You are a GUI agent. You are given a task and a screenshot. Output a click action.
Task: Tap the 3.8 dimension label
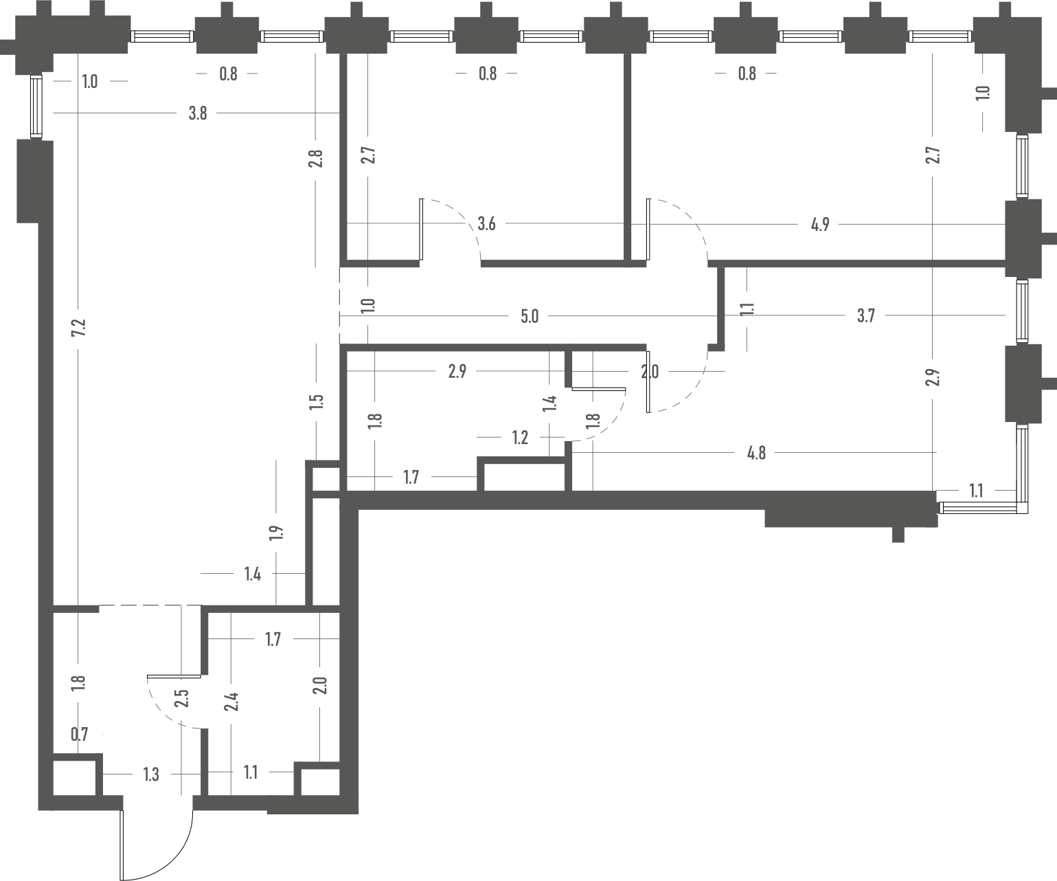click(198, 113)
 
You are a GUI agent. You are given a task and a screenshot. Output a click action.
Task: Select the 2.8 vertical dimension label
click(315, 159)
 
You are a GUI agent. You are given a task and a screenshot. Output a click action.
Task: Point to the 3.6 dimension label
click(486, 223)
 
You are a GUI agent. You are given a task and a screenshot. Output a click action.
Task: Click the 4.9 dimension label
click(820, 224)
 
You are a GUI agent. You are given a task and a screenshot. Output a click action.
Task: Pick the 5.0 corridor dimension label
click(530, 317)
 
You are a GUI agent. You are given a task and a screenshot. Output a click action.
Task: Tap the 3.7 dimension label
click(866, 316)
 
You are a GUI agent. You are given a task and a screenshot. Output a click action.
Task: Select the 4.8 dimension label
click(756, 453)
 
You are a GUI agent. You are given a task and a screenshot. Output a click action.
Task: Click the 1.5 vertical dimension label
click(316, 402)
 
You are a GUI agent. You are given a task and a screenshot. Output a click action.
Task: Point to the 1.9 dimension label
click(276, 533)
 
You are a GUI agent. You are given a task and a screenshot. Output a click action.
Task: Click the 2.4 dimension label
click(231, 702)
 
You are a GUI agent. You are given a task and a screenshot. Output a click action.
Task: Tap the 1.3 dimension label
click(151, 774)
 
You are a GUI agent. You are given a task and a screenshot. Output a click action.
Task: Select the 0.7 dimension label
click(80, 734)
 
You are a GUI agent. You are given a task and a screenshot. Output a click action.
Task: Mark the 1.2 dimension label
click(520, 437)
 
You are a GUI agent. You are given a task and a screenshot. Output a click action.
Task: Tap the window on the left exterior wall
click(36, 106)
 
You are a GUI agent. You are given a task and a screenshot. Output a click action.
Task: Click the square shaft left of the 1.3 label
click(75, 778)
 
